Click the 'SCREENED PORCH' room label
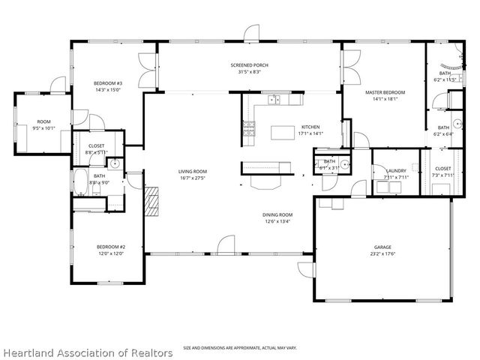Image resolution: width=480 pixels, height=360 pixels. (249, 65)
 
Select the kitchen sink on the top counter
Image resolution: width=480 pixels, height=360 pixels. (274, 98)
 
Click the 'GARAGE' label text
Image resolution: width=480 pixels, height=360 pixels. (382, 247)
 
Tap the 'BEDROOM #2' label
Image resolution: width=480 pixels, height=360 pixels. (110, 247)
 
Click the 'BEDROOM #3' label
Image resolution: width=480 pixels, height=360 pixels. (108, 82)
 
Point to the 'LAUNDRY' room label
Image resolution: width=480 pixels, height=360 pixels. (396, 170)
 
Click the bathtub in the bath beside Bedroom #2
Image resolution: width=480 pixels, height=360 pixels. (81, 181)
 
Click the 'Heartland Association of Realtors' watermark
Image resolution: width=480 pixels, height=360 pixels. (88, 352)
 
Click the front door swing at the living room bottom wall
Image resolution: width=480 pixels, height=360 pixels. (225, 244)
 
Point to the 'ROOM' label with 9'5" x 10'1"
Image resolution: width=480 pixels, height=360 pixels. (43, 121)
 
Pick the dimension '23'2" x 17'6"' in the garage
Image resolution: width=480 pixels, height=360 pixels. (382, 255)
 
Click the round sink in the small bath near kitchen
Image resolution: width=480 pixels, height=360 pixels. (344, 165)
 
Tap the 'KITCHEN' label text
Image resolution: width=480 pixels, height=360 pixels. (310, 127)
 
